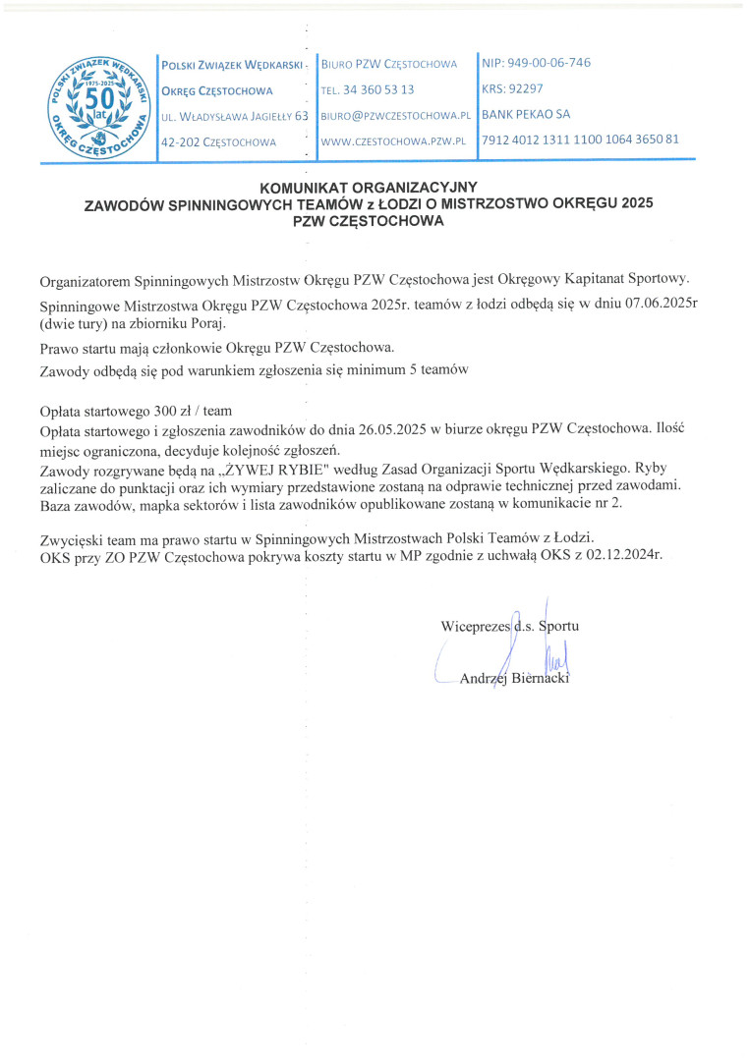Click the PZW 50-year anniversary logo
[95, 107]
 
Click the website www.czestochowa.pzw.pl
[392, 141]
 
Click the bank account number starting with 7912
[580, 140]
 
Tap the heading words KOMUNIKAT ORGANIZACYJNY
[369, 186]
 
